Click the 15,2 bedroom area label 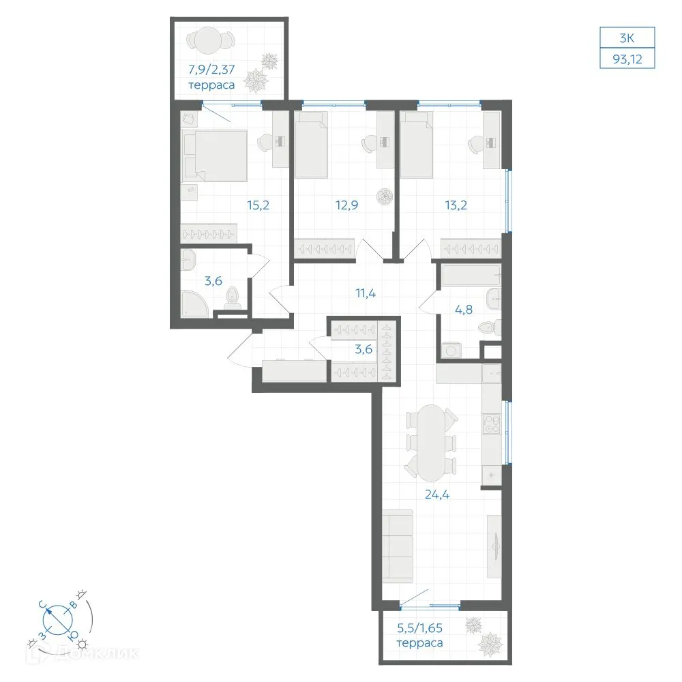[258, 205]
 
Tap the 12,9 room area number [346, 205]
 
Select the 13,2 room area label [456, 205]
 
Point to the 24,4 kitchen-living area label [437, 494]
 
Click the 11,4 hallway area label [366, 293]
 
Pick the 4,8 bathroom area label [464, 310]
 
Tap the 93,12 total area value [627, 59]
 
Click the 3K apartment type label [627, 38]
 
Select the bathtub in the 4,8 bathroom [472, 276]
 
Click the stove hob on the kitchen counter [492, 424]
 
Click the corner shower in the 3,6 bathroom [194, 303]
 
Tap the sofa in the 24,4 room [398, 546]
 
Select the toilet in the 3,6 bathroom [233, 299]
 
